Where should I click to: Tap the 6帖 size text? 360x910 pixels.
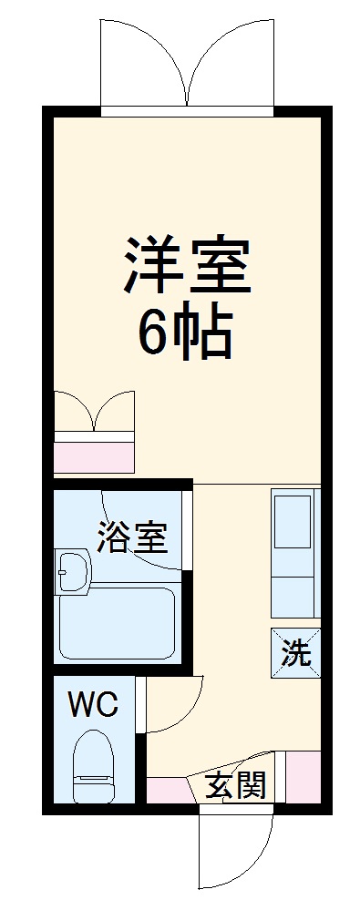pos(185,333)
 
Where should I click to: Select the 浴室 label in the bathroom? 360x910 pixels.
pos(132,538)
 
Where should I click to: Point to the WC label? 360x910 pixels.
pos(93,705)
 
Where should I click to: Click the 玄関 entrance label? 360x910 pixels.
pos(234,784)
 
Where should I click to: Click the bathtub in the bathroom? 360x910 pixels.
pos(116,623)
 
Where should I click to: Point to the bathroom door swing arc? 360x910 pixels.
pos(146,533)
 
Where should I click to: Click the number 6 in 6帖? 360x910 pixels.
pos(156,333)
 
